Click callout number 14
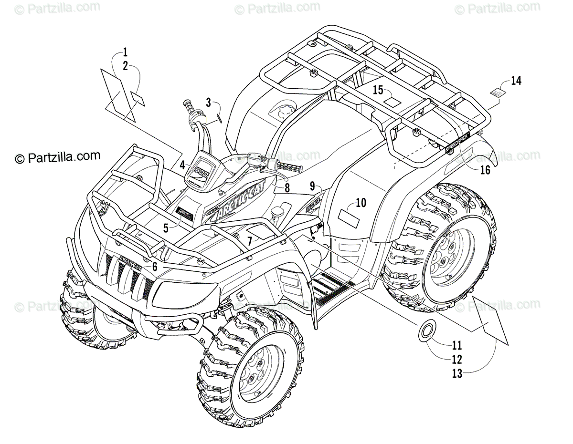pos(516,81)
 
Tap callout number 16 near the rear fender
pos(485,170)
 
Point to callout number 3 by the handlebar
pos(208,102)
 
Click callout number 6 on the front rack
pos(155,267)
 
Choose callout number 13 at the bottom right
pos(457,373)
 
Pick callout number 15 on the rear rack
pos(378,90)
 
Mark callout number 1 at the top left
pos(125,52)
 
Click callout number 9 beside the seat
pos(312,185)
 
